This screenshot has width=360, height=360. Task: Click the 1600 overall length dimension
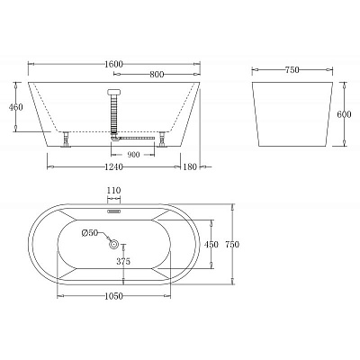click(114, 64)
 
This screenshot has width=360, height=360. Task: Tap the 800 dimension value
click(157, 74)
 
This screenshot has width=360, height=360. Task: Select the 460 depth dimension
click(15, 107)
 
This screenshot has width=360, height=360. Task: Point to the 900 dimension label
click(133, 155)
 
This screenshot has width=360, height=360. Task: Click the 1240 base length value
click(113, 166)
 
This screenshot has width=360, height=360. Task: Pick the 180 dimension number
click(190, 166)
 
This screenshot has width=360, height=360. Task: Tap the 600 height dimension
click(344, 114)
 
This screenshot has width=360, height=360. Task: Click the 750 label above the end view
click(292, 70)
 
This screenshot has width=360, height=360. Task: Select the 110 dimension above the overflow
click(114, 191)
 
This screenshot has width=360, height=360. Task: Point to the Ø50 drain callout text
click(90, 233)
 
